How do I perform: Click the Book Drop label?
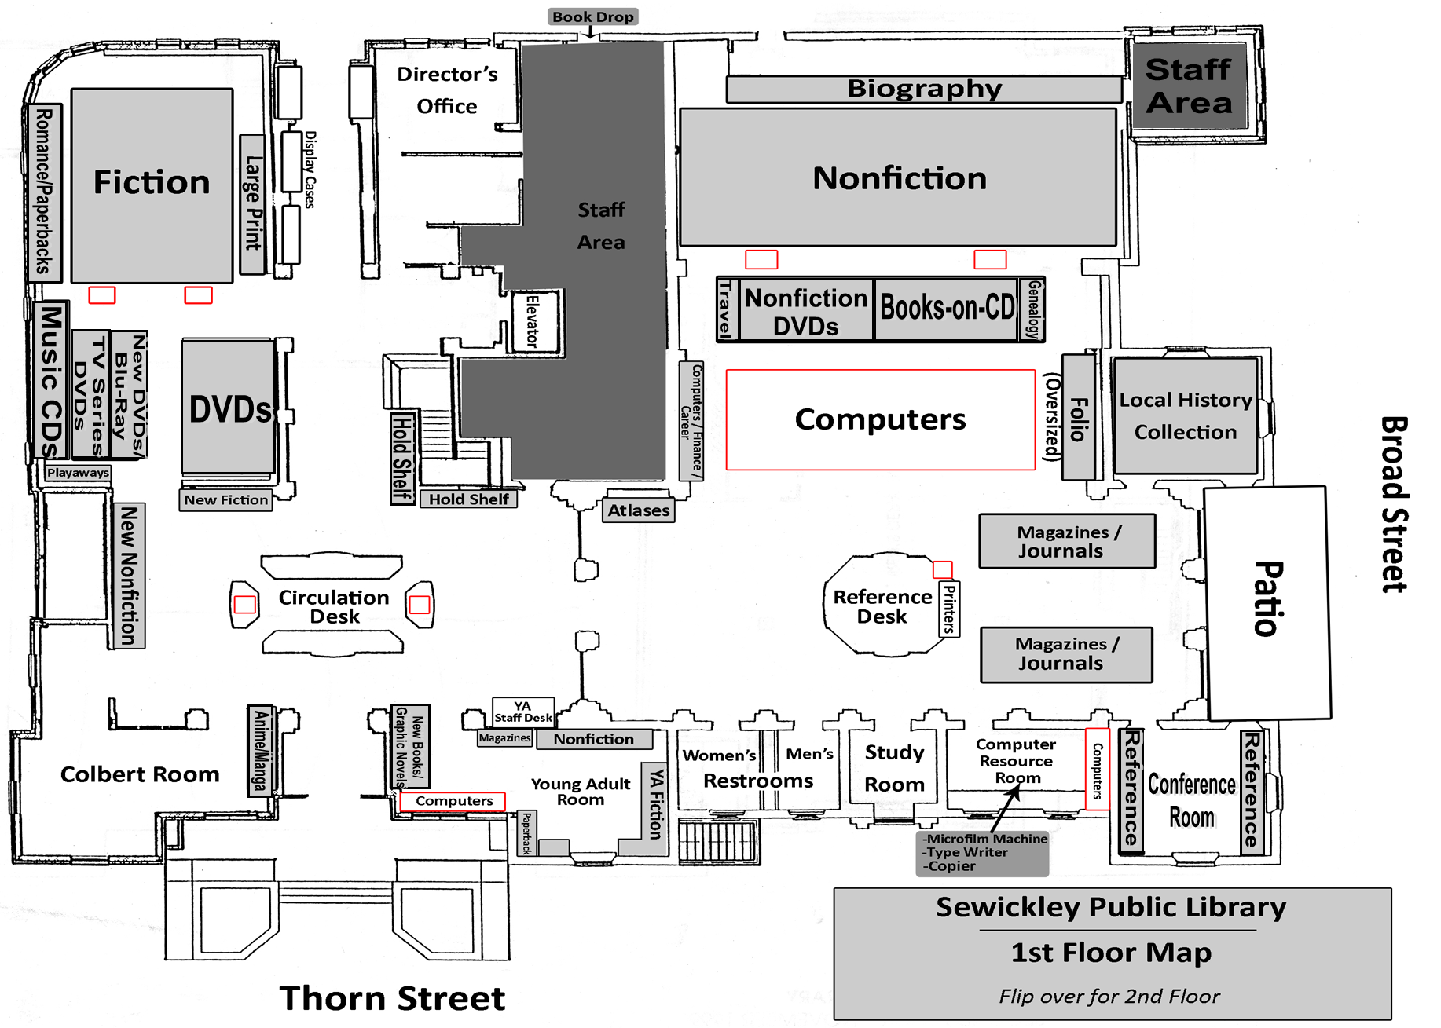[x=592, y=16]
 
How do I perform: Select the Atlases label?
[x=639, y=510]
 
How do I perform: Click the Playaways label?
[x=78, y=473]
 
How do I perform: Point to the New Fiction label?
[x=225, y=500]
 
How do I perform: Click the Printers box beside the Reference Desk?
[x=949, y=609]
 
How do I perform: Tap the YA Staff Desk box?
[x=523, y=712]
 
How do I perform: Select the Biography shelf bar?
[x=924, y=89]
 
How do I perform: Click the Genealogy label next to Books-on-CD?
[x=1033, y=309]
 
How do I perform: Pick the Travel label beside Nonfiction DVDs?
[x=726, y=309]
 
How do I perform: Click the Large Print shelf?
[x=252, y=204]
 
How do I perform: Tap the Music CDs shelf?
[x=51, y=381]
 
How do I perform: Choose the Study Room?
[x=894, y=768]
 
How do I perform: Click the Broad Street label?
[x=1393, y=504]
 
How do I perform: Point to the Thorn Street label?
[x=392, y=998]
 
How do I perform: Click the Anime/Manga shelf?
[x=260, y=750]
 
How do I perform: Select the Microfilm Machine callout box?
[x=983, y=853]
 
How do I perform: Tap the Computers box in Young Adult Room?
[x=453, y=801]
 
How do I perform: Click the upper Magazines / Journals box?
[x=1066, y=541]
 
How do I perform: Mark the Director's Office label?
[x=447, y=90]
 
